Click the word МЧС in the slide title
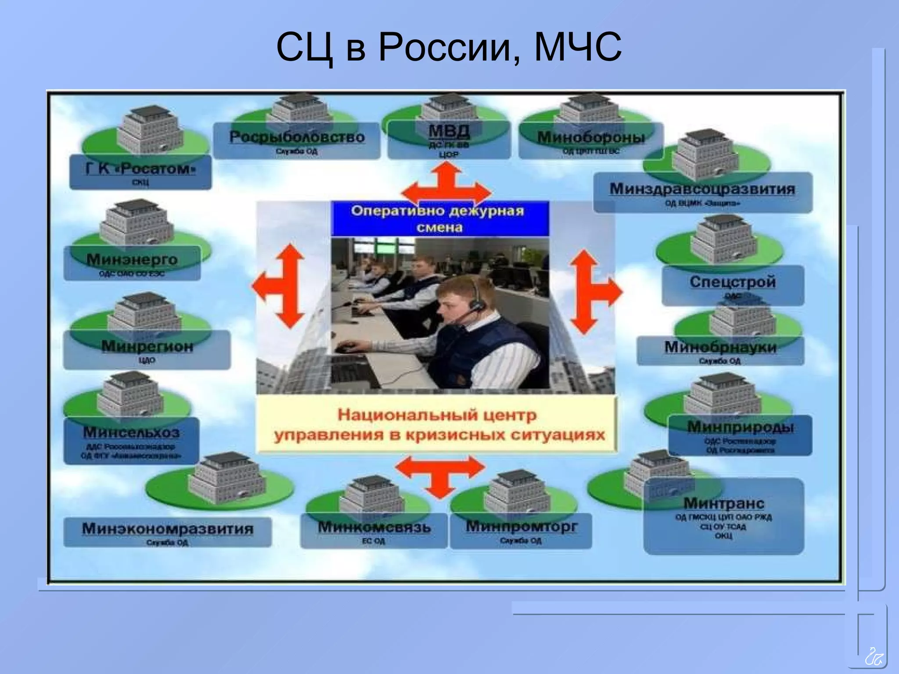[578, 47]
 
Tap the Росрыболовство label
[297, 137]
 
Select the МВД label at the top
[449, 131]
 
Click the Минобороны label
[591, 137]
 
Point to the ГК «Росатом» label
[140, 168]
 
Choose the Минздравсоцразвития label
[702, 189]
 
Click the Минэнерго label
[132, 260]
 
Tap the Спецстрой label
[733, 282]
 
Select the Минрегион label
[147, 347]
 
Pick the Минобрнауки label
[720, 348]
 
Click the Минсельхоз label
[131, 433]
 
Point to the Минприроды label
[740, 427]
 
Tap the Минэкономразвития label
[168, 529]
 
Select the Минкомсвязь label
[374, 527]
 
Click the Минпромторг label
[521, 526]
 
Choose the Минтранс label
[723, 503]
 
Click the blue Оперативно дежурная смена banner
[439, 219]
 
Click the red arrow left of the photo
[281, 286]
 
